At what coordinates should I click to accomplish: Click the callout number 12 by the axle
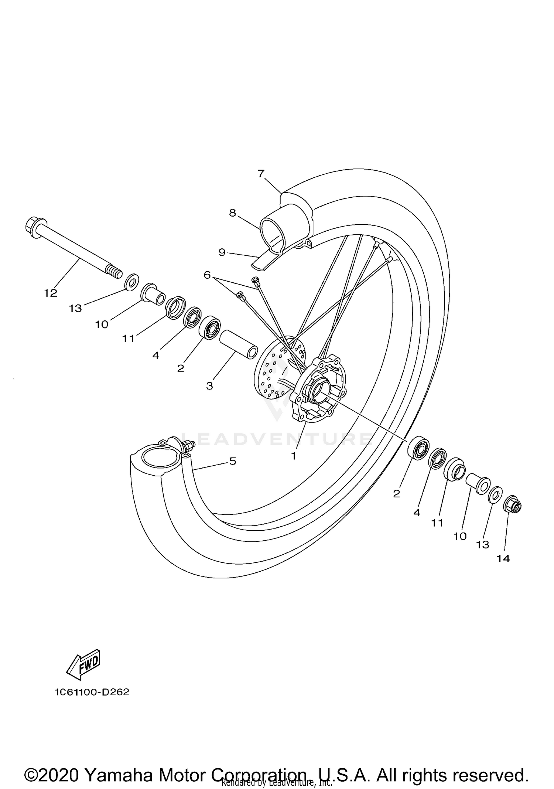click(51, 293)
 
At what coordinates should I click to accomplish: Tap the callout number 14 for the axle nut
click(503, 558)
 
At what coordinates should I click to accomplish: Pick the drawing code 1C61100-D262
click(92, 692)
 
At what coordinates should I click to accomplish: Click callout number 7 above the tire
click(261, 173)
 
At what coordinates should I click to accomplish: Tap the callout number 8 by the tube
click(232, 213)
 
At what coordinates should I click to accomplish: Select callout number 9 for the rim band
click(222, 252)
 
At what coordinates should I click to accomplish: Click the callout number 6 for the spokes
click(207, 275)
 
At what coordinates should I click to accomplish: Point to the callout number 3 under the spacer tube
click(209, 386)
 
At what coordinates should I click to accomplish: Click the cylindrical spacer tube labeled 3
click(238, 344)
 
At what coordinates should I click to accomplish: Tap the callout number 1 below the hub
click(294, 456)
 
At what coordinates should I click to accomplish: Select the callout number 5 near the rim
click(233, 461)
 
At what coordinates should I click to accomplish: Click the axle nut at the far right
click(512, 504)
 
